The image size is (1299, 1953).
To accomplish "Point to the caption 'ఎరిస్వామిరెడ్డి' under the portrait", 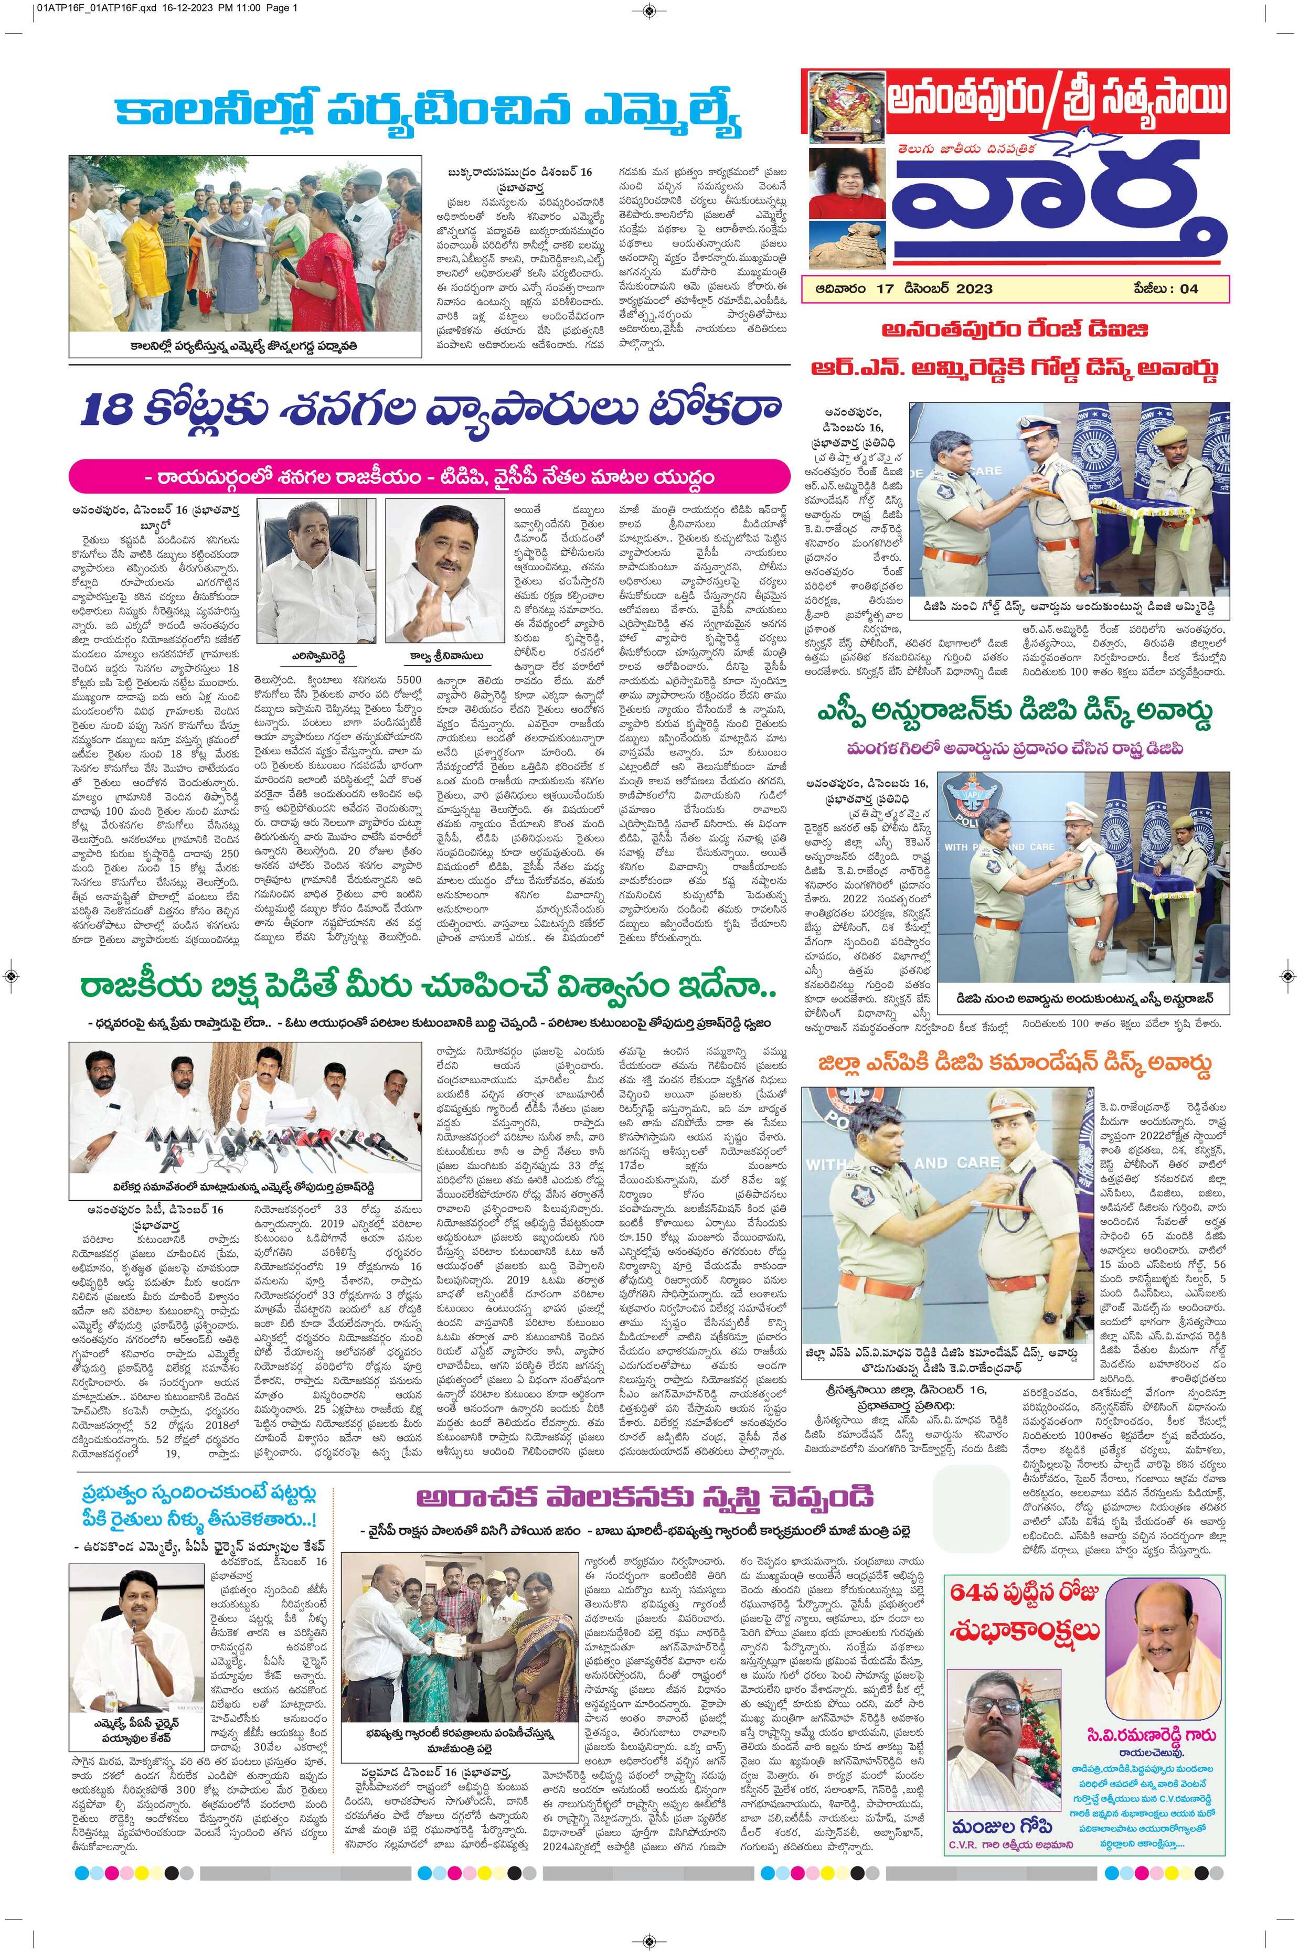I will [316, 654].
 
